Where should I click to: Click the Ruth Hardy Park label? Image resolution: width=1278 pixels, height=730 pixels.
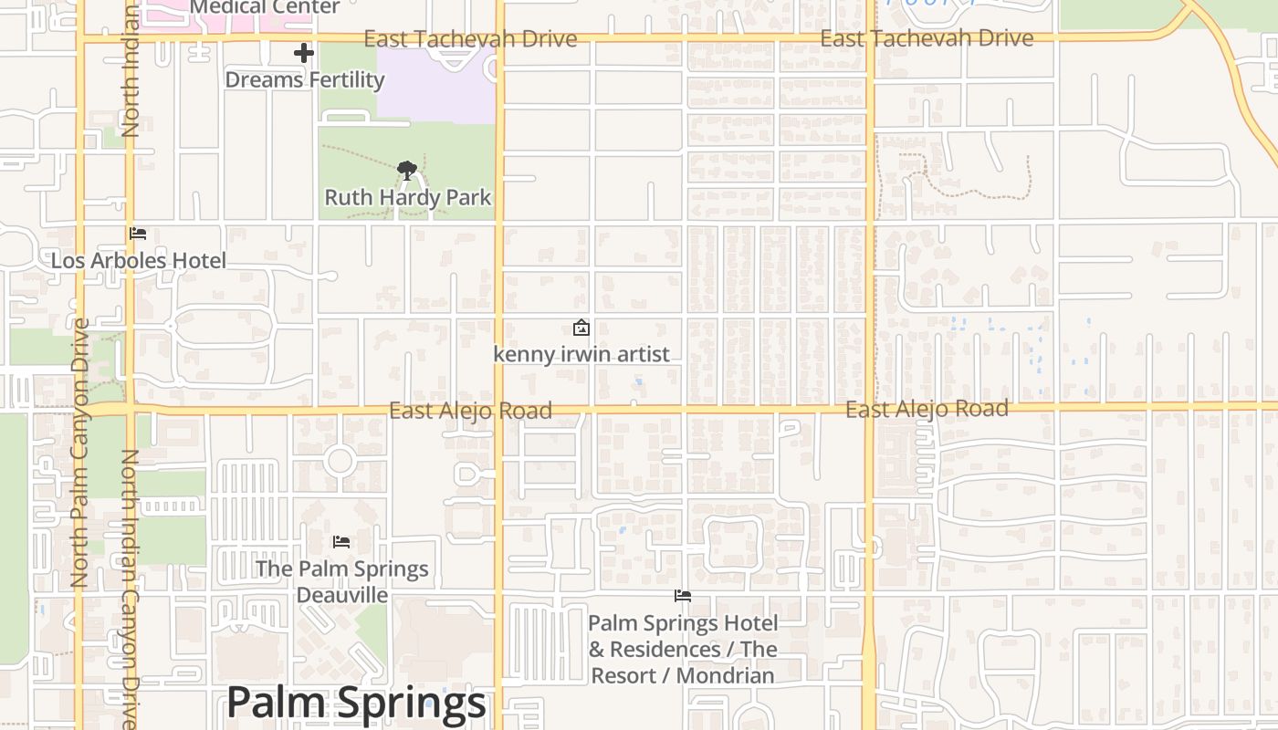point(407,197)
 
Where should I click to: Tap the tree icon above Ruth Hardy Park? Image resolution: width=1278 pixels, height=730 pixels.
point(407,169)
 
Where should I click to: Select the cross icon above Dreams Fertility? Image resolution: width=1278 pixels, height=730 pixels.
point(304,53)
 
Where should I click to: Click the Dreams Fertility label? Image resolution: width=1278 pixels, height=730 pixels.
point(304,79)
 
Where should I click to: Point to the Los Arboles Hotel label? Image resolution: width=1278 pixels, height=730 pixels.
point(138,260)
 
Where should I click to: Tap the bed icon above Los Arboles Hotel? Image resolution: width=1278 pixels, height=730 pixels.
point(138,234)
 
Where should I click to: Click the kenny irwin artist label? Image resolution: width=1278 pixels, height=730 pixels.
point(581,354)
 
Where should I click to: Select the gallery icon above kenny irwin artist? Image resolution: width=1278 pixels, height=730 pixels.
point(581,328)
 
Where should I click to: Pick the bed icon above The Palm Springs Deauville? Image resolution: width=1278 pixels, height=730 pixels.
point(341,542)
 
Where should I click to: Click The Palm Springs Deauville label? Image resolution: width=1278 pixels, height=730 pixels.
point(341,581)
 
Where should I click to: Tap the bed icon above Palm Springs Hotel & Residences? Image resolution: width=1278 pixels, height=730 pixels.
point(682,597)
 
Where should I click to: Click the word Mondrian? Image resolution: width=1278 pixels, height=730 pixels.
point(730,676)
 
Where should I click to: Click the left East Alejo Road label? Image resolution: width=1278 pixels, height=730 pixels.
point(470,411)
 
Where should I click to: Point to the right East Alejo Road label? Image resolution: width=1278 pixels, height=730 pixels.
point(927,409)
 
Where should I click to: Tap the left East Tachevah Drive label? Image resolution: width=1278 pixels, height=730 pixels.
point(470,38)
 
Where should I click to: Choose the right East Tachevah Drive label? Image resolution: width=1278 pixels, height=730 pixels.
point(927,38)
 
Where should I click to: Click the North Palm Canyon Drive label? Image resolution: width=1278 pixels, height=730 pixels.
point(79,452)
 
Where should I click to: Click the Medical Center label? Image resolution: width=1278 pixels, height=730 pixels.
point(265,7)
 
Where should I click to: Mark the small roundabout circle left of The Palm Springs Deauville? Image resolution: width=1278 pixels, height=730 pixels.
point(340,460)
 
